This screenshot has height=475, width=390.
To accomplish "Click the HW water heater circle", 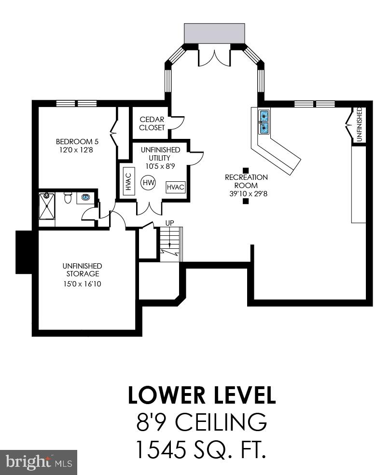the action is click(x=149, y=183).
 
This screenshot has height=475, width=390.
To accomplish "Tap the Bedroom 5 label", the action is click(x=77, y=141).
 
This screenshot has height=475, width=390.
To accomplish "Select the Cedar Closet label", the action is click(x=152, y=123).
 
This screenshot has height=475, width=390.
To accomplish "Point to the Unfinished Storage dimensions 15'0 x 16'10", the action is click(x=82, y=284).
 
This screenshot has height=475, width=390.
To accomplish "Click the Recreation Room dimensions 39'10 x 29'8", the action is click(x=249, y=193).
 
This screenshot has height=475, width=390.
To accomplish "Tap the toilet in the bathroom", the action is click(x=67, y=198).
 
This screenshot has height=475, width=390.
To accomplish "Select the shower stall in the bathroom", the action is click(x=47, y=206).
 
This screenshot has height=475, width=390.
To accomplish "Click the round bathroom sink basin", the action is click(x=85, y=198).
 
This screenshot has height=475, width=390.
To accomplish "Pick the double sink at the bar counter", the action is click(x=264, y=122).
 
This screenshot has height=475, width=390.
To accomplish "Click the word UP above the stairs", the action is click(x=170, y=223).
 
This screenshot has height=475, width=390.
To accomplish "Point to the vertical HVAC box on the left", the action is click(x=128, y=181).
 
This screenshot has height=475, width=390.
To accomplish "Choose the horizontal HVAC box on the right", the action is click(x=176, y=187).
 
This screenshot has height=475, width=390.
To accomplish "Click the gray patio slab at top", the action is click(x=214, y=33).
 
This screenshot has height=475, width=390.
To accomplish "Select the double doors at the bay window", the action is click(x=214, y=58).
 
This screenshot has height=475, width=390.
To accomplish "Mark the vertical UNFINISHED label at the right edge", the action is click(x=360, y=124).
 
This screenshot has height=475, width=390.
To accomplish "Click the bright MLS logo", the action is click(x=39, y=462).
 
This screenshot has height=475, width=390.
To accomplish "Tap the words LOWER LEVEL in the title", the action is click(x=202, y=395).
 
